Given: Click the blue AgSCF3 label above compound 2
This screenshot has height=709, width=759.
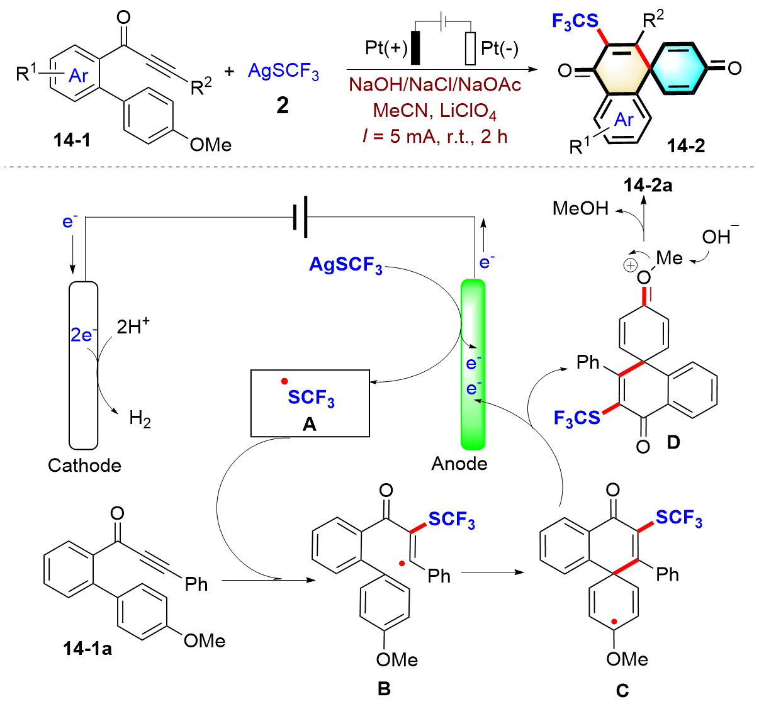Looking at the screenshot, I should [283, 71].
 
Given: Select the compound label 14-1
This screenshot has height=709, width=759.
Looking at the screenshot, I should [72, 140].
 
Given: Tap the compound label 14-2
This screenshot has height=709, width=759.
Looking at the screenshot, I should [686, 146].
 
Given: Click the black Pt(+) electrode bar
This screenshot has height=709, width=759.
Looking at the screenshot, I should [415, 47].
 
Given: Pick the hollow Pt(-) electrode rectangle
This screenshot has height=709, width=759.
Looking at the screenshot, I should [470, 48].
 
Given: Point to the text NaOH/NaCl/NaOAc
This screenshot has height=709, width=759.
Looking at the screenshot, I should [435, 86].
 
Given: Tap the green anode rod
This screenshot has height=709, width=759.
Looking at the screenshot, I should [473, 365].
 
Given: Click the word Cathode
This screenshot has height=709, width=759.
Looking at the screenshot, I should [84, 466].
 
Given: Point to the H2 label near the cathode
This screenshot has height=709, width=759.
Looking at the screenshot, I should [140, 418].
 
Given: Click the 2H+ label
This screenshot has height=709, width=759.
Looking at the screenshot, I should [133, 326].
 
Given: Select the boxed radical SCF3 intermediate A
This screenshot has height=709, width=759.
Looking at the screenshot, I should [310, 403].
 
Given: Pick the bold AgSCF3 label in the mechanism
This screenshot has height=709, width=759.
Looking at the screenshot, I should [346, 265].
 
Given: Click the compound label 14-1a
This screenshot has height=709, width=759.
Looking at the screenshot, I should [87, 648].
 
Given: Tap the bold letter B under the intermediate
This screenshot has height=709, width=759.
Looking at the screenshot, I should [384, 689].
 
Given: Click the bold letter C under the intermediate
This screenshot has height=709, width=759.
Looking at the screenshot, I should [622, 691].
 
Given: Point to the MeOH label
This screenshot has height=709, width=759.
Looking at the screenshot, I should [580, 208].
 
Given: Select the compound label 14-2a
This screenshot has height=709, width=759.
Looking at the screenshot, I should [648, 185].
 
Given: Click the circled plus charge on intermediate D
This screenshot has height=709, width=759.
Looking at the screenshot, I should [629, 265].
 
